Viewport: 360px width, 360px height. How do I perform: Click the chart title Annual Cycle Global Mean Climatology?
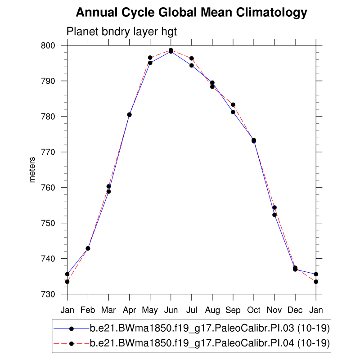click(191, 13)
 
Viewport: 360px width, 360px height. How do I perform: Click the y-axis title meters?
click(32, 169)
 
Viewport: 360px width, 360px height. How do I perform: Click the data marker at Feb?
click(88, 248)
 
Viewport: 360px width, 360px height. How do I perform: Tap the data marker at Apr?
click(130, 115)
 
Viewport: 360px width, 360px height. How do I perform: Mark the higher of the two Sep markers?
click(233, 105)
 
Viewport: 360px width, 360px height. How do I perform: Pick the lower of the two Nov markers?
click(274, 215)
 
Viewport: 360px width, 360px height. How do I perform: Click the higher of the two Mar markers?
click(108, 186)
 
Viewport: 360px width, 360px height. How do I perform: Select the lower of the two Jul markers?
click(192, 66)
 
